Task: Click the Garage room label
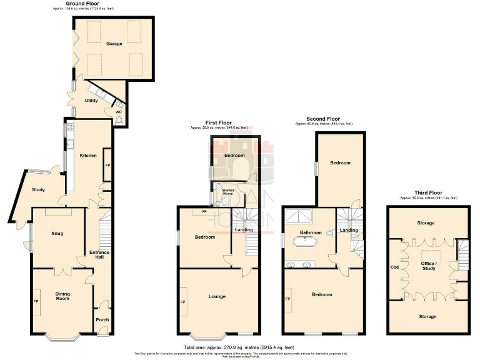pyautogui.click(x=114, y=44)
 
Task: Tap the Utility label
pyautogui.click(x=91, y=100)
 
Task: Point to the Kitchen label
pyautogui.click(x=88, y=155)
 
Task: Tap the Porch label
pyautogui.click(x=102, y=319)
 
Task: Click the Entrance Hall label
pyautogui.click(x=99, y=255)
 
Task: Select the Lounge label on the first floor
pyautogui.click(x=217, y=296)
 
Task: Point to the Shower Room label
pyautogui.click(x=224, y=191)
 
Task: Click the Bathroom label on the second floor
pyautogui.click(x=310, y=232)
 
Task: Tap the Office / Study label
pyautogui.click(x=428, y=267)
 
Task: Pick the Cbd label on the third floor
pyautogui.click(x=394, y=267)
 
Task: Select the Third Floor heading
pyautogui.click(x=428, y=192)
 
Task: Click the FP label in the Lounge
pyautogui.click(x=183, y=302)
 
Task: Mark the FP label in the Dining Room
pyautogui.click(x=36, y=301)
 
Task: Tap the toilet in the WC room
pyautogui.click(x=119, y=121)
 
